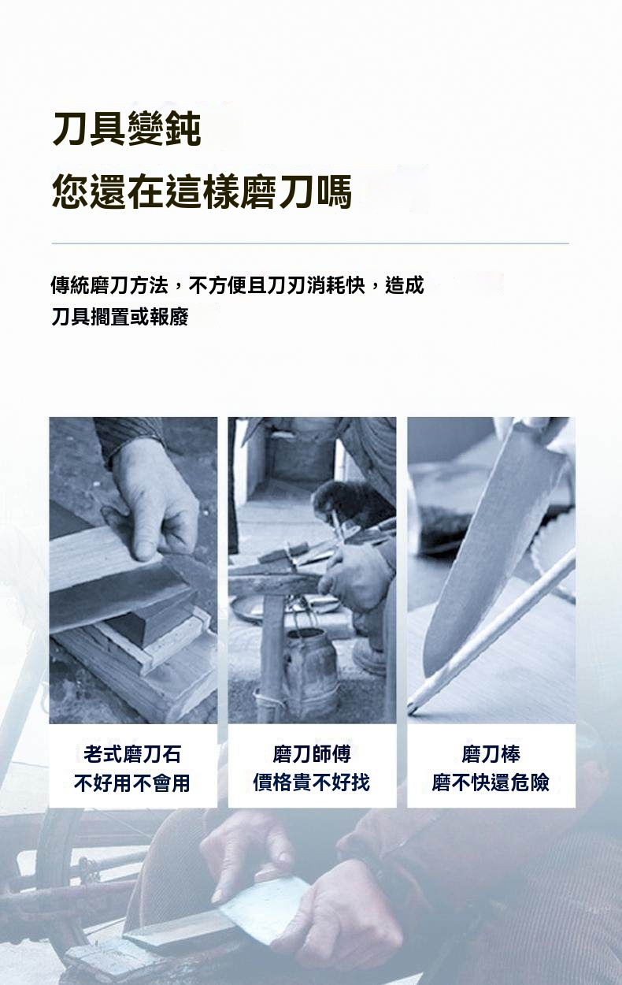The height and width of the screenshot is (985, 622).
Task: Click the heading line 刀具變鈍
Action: pyautogui.click(x=127, y=128)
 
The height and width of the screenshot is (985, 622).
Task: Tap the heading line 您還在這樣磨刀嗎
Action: pyautogui.click(x=202, y=191)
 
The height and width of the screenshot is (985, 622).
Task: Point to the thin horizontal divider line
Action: pyautogui.click(x=310, y=243)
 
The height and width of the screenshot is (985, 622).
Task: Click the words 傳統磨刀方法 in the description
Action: pyautogui.click(x=109, y=285)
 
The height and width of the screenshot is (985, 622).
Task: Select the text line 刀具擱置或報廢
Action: pyautogui.click(x=120, y=317)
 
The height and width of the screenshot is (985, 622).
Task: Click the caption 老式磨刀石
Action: pyautogui.click(x=132, y=754)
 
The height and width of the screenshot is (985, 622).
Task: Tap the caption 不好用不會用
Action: pyautogui.click(x=132, y=783)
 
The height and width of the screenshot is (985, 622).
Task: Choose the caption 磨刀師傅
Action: pyautogui.click(x=312, y=754)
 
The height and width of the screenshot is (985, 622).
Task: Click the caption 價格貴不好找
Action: pyautogui.click(x=312, y=782)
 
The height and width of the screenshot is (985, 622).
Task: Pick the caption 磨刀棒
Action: pyautogui.click(x=491, y=754)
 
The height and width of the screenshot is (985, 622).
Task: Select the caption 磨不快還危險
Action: pyautogui.click(x=491, y=782)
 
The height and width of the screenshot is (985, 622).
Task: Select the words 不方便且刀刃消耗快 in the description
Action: pyautogui.click(x=277, y=285)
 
